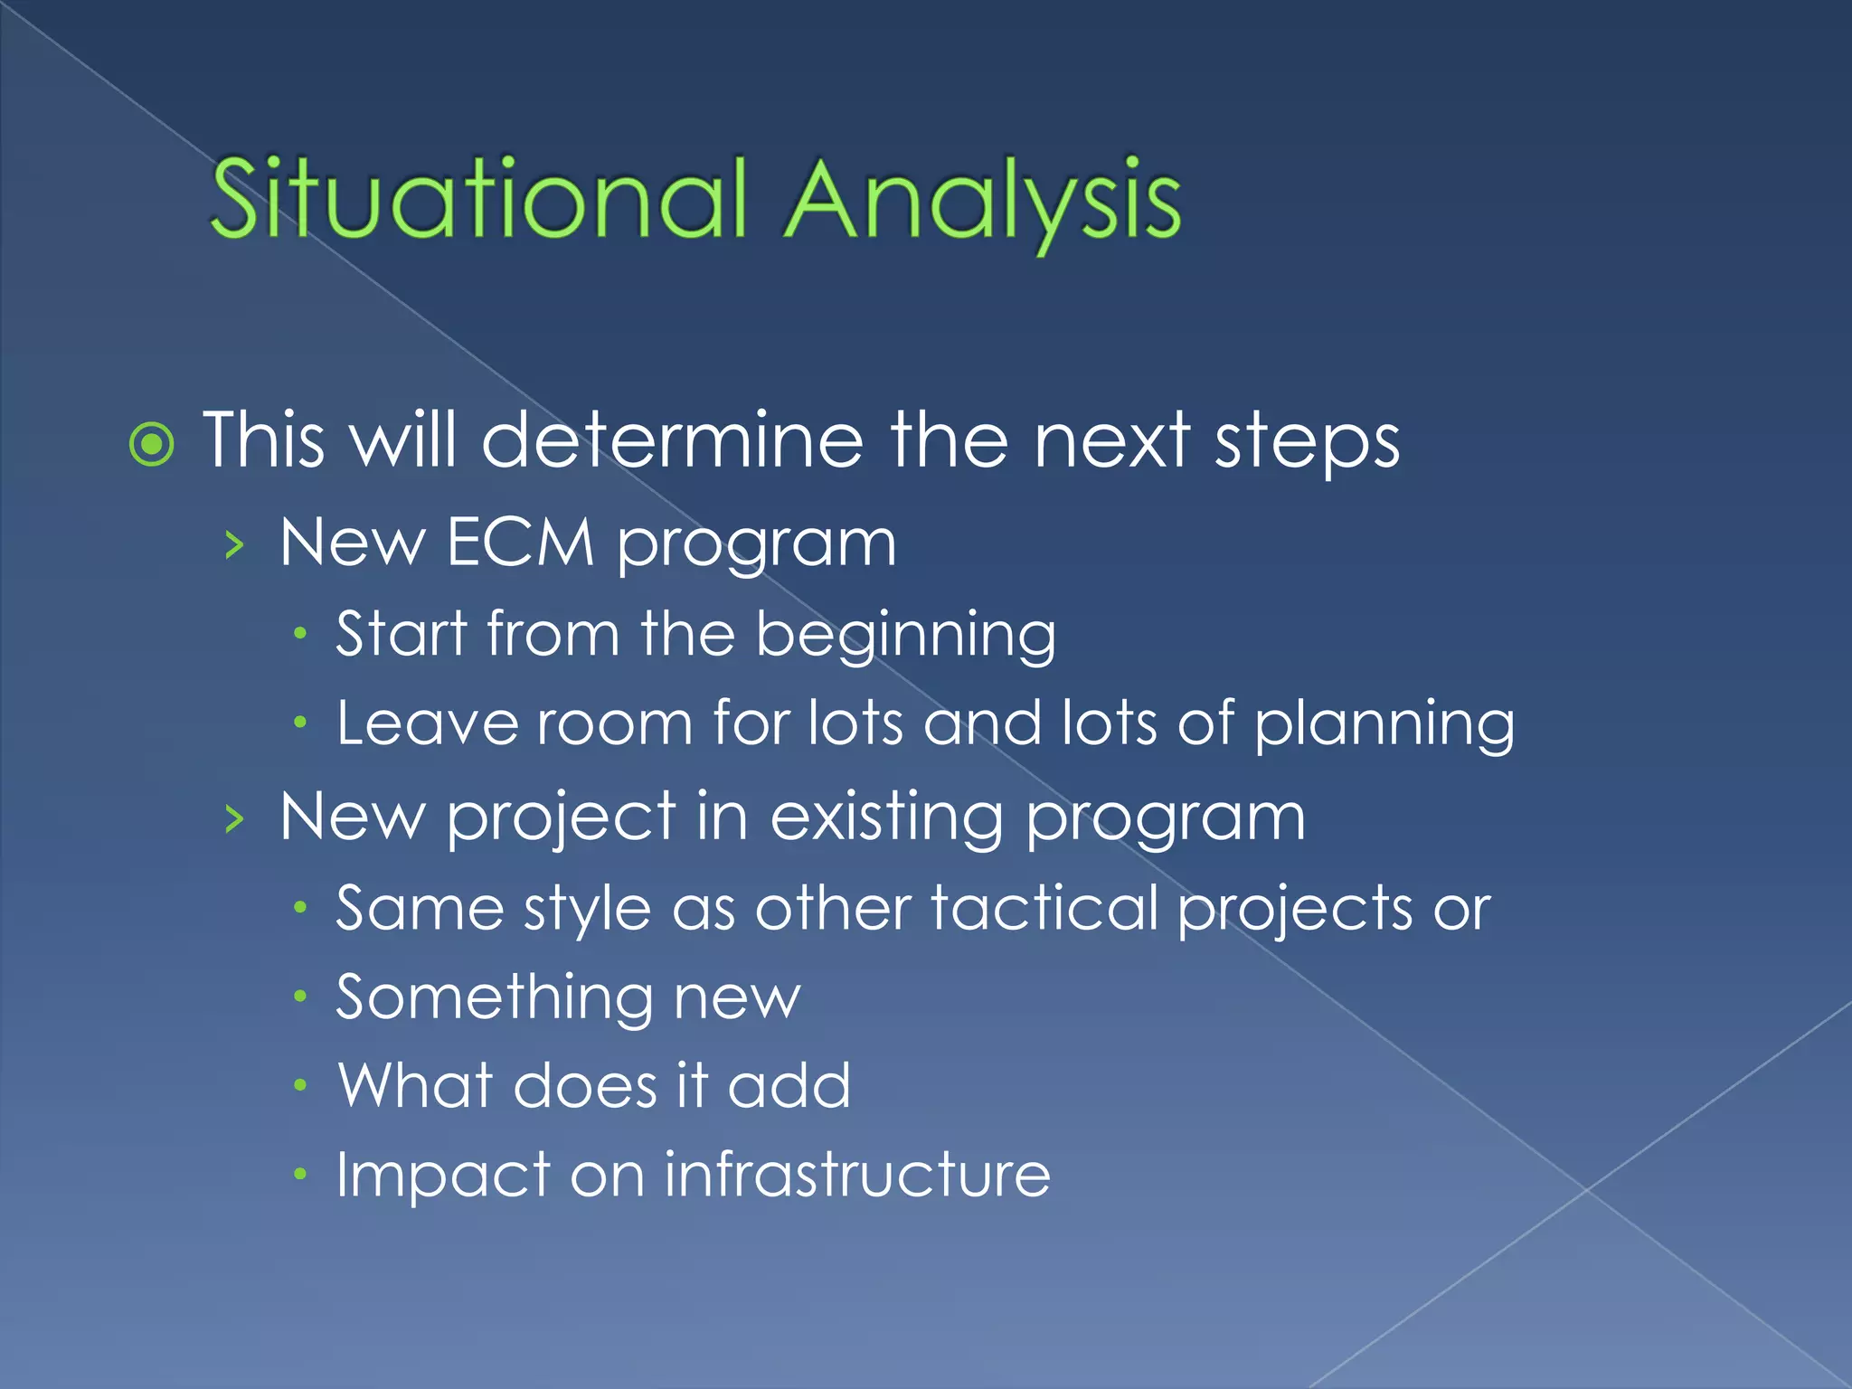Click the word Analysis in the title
point(982,201)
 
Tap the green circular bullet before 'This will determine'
point(151,444)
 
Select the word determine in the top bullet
point(672,440)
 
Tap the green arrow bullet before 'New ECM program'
point(234,545)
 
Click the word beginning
point(905,635)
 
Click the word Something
point(494,998)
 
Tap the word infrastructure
point(857,1176)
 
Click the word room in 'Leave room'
point(614,723)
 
